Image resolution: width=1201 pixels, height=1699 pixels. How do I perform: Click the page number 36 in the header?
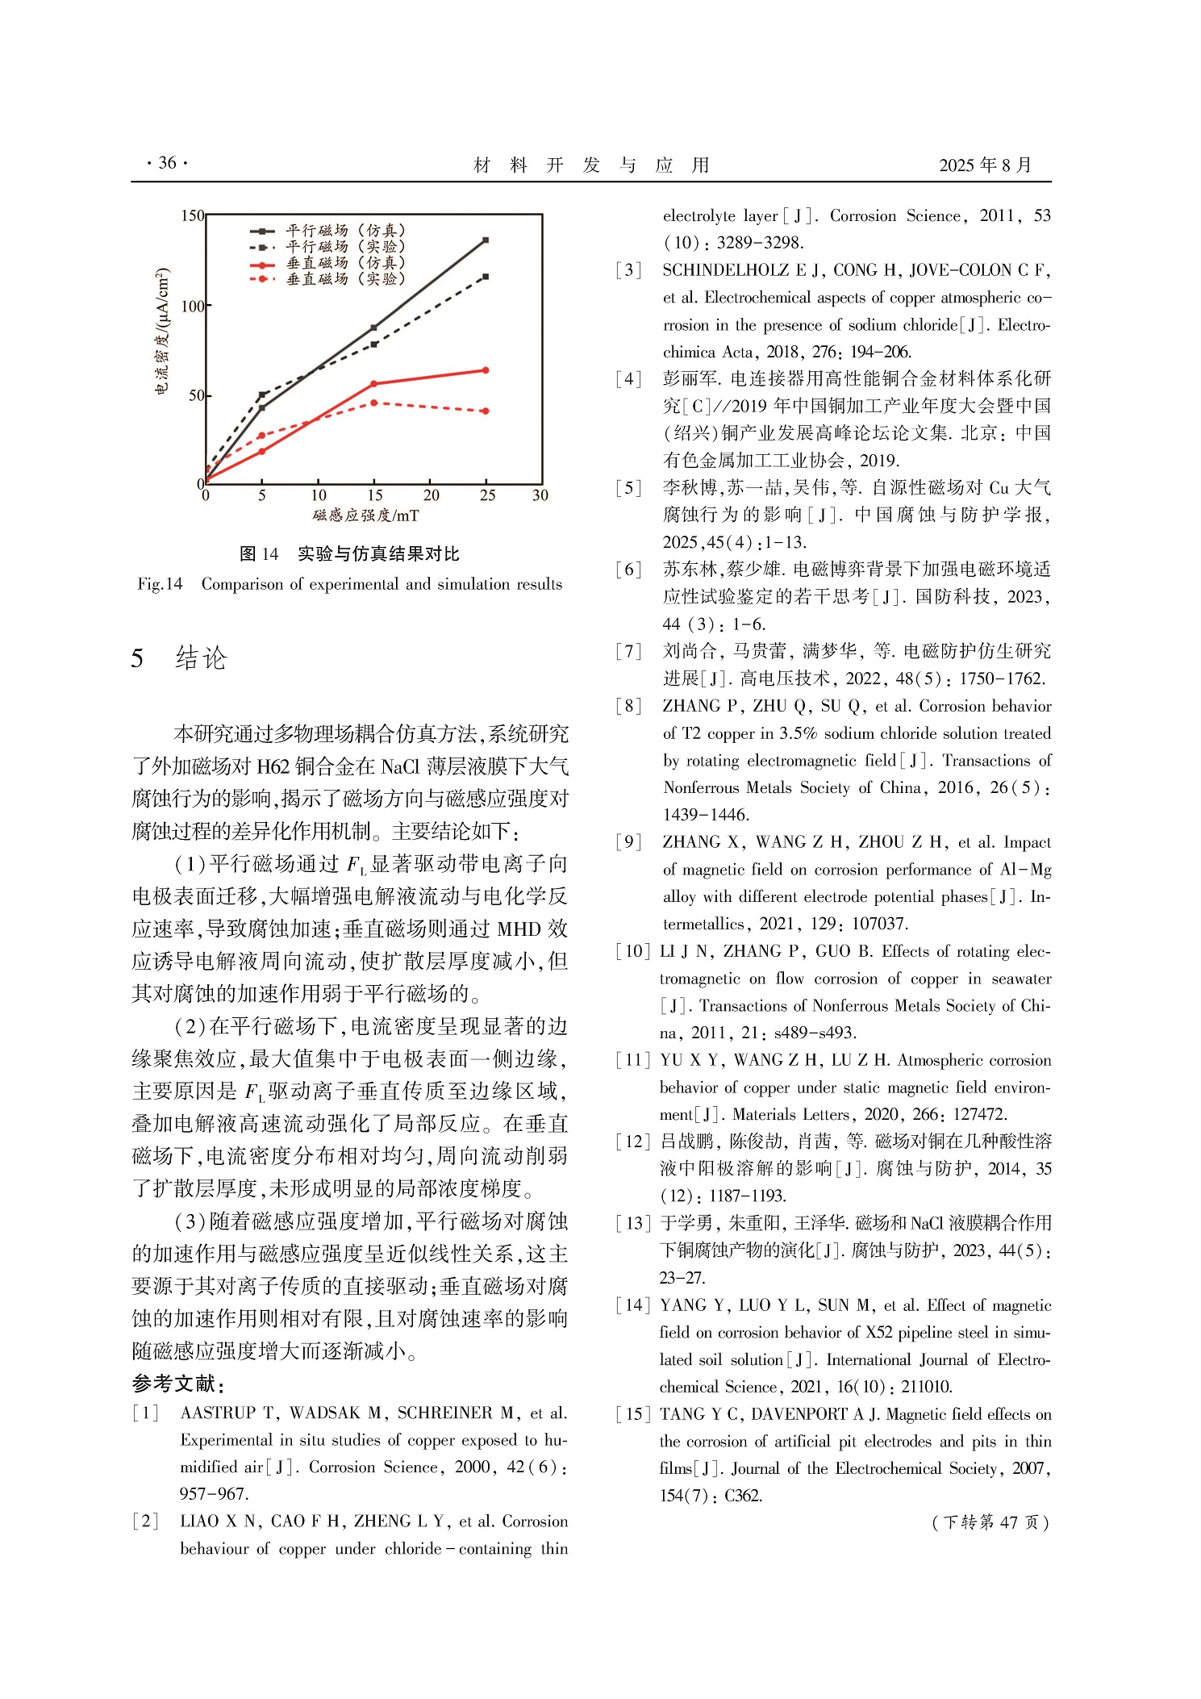pyautogui.click(x=167, y=163)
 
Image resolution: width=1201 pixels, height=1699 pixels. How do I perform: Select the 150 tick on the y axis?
pyautogui.click(x=192, y=215)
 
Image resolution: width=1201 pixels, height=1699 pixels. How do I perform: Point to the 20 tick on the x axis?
pyautogui.click(x=432, y=495)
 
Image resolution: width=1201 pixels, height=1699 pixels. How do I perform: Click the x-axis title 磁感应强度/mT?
pyautogui.click(x=366, y=515)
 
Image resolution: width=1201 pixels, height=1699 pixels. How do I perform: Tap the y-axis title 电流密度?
pyautogui.click(x=162, y=330)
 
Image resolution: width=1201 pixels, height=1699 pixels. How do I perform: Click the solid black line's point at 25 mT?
pyautogui.click(x=486, y=240)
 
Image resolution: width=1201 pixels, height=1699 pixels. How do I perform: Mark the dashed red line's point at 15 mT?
pyautogui.click(x=374, y=403)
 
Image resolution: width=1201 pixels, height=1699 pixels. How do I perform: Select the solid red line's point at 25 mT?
pyautogui.click(x=486, y=370)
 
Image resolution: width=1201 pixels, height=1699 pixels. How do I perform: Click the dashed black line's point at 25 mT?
pyautogui.click(x=486, y=277)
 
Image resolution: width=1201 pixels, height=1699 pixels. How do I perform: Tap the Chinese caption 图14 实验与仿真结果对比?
pyautogui.click(x=349, y=554)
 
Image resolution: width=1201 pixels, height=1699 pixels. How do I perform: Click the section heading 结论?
pyautogui.click(x=201, y=658)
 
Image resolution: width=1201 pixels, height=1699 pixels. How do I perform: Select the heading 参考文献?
pyautogui.click(x=177, y=1384)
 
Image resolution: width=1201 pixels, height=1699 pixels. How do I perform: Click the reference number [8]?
pyautogui.click(x=628, y=707)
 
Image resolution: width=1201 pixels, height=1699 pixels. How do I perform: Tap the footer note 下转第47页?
pyautogui.click(x=990, y=1522)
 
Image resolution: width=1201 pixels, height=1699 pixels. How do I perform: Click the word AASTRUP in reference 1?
pyautogui.click(x=218, y=1413)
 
